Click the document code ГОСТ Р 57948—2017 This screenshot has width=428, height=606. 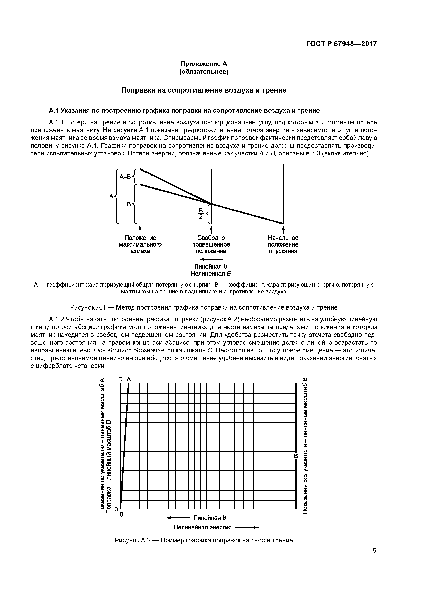(342, 44)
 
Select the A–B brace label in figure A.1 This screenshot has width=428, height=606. (125, 177)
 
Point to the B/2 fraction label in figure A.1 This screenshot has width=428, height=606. (201, 213)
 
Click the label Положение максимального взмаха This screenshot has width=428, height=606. (140, 244)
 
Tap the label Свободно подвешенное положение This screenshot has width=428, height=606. (211, 244)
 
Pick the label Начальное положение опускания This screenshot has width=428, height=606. (283, 244)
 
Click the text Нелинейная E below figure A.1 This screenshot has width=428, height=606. (211, 273)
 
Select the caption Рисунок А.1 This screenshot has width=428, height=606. (204, 307)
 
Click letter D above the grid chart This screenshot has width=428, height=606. (120, 379)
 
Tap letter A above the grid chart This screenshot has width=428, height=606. (129, 379)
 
